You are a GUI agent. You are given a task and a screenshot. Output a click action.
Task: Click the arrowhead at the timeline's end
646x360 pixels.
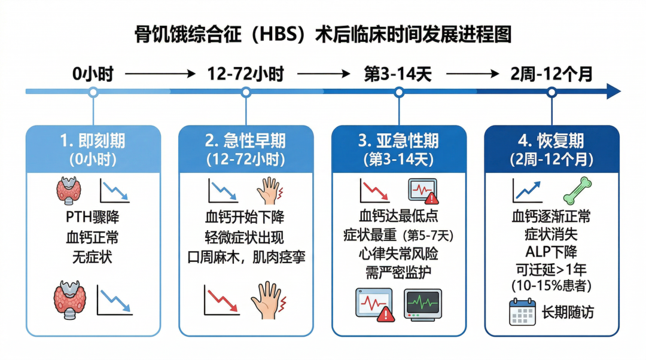[x=613, y=91]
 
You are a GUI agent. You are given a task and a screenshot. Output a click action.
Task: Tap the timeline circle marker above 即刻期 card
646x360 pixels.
[x=93, y=92]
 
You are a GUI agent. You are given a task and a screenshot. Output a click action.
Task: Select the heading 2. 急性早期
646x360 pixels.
[x=245, y=141]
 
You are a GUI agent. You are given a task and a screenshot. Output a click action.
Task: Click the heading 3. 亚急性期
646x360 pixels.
[x=398, y=141]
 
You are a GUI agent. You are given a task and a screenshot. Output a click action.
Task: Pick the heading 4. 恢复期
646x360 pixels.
[x=551, y=141]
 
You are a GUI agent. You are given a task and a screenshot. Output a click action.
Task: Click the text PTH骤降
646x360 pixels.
[x=93, y=216]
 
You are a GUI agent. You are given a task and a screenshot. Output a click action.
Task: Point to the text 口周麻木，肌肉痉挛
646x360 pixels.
[x=245, y=258]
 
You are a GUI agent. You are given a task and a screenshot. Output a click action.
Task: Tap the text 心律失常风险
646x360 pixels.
[x=398, y=254]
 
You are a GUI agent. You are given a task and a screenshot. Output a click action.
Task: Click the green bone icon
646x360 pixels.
[x=577, y=191]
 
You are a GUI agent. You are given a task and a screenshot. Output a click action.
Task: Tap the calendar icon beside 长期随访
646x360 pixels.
[x=522, y=312]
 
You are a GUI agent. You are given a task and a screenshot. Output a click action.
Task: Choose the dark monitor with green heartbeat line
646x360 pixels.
[x=422, y=304]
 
